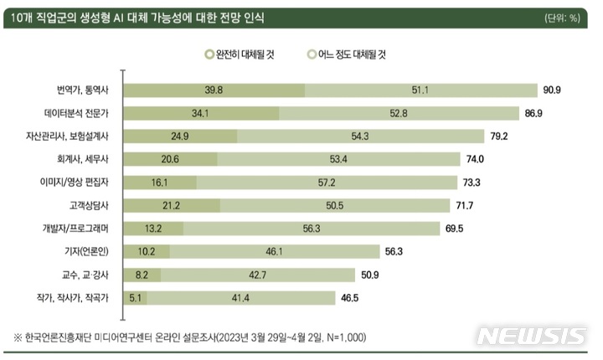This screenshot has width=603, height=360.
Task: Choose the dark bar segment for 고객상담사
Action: (173, 204)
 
